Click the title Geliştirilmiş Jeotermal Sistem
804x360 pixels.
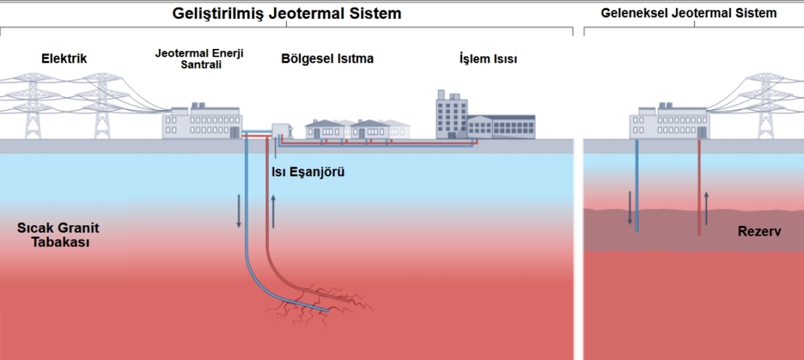(x=287, y=14)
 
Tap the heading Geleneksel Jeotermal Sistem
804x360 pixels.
(x=689, y=14)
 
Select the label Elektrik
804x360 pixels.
(x=64, y=58)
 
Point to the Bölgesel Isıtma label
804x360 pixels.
(x=327, y=58)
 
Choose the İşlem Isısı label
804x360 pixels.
(x=488, y=58)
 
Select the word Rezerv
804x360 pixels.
(x=759, y=232)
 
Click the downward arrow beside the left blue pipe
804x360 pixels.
(x=239, y=210)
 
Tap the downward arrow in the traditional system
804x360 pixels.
(x=629, y=209)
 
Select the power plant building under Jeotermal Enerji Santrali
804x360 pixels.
(x=203, y=122)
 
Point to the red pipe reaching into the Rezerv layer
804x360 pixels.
(x=699, y=188)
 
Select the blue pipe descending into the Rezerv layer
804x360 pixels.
(x=637, y=188)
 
